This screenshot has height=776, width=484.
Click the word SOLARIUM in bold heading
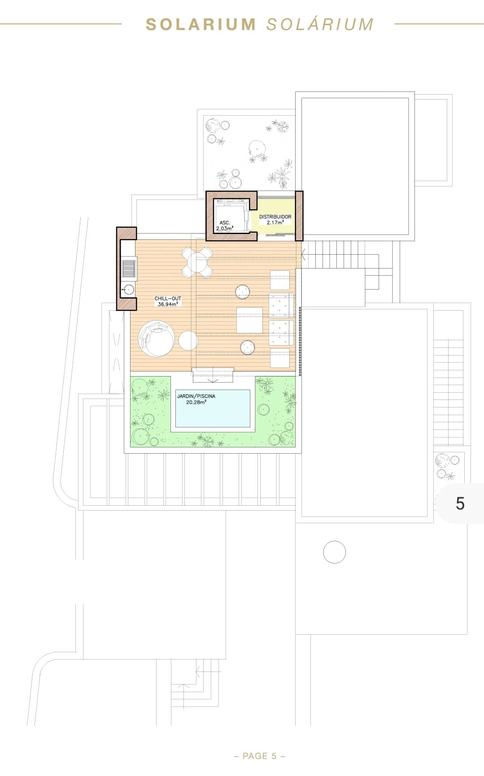coord(201,24)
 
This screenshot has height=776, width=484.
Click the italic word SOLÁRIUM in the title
coord(320,24)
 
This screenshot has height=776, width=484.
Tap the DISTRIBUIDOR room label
coord(275,217)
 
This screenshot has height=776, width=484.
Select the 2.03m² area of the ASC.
coord(224,228)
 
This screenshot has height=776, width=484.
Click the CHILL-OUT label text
coord(168,298)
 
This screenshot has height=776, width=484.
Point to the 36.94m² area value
coord(168,304)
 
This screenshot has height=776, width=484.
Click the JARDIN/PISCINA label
coord(196,396)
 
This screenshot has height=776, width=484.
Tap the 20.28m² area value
coord(196,403)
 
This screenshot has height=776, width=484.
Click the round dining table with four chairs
coord(197,262)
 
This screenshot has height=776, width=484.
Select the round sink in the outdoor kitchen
coord(129,290)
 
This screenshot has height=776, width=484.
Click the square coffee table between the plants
coord(249,320)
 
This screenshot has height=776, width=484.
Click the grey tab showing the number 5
coord(460,503)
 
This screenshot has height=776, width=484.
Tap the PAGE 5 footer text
coord(260,756)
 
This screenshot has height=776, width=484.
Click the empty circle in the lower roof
coord(334,552)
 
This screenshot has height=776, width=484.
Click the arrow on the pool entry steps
coord(213,380)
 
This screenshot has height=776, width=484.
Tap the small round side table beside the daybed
coord(188,341)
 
